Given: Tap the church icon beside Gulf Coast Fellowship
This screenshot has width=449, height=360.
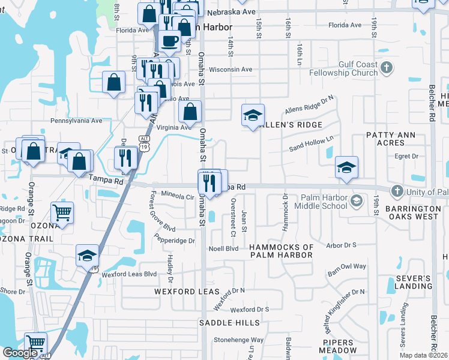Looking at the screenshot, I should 387,68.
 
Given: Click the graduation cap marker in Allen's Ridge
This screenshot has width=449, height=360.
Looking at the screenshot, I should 253,116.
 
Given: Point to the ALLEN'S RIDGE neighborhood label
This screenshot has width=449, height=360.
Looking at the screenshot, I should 294,124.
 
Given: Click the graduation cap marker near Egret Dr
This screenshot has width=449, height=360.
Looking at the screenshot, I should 346,167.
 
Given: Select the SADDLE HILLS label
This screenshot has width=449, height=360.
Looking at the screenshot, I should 231,323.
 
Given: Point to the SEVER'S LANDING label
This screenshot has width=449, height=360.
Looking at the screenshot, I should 414,283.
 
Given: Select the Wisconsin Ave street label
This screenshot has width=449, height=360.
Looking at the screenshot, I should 231,70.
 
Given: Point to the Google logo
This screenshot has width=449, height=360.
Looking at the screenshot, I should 20,353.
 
